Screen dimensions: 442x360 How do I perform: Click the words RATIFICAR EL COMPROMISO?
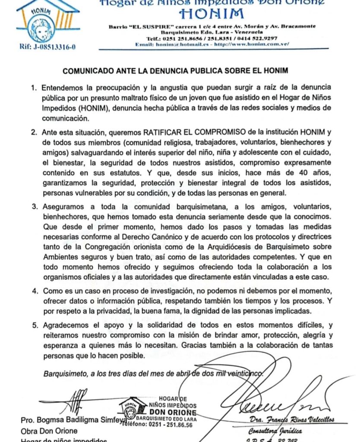click(186, 132)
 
